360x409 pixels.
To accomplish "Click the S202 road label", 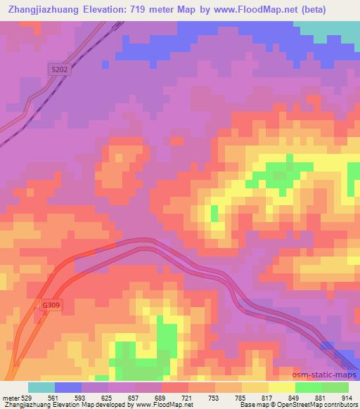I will tap(59, 70).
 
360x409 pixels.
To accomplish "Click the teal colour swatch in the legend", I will tap(41, 387).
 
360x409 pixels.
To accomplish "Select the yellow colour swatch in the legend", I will tap(281, 387).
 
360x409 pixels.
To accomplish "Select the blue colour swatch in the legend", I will tap(68, 387).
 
